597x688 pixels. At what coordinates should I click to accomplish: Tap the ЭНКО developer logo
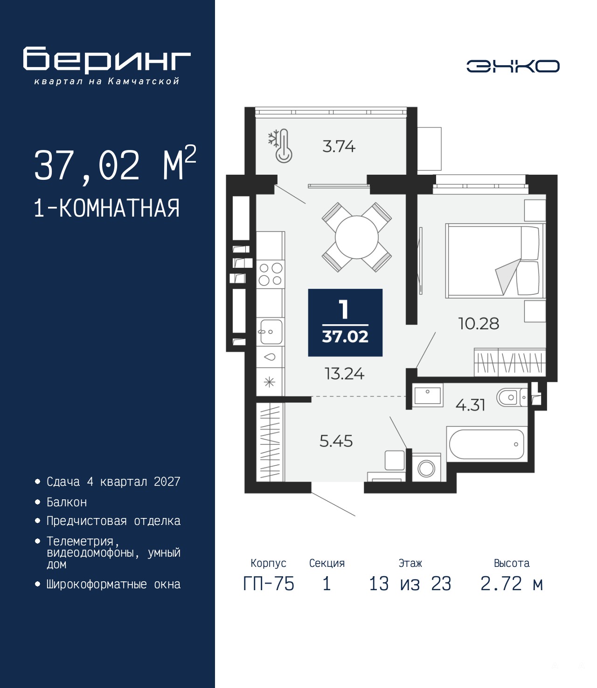513,66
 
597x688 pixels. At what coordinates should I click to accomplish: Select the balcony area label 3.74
339,146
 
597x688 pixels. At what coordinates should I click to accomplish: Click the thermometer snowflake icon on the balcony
280,146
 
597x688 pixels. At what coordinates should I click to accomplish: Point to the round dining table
356,237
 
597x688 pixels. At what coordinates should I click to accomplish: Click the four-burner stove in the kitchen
271,274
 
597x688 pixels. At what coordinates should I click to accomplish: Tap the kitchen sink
271,332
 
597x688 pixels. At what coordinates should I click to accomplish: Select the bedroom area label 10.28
479,324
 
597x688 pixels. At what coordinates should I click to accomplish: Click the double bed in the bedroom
495,260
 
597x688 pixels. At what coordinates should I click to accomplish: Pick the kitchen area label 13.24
344,374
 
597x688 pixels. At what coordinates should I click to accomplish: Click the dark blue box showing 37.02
345,322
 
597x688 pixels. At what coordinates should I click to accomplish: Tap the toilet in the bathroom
512,397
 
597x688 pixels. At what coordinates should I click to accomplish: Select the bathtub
486,444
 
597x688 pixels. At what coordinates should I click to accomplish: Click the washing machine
426,467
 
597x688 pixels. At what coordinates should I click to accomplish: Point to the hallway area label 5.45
336,441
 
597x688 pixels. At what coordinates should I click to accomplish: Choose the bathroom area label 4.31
470,405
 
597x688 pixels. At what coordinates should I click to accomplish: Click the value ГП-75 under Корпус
269,584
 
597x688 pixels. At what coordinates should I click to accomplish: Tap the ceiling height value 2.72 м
511,584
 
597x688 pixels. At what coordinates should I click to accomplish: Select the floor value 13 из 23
410,584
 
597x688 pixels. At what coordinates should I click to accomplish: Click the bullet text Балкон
67,502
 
